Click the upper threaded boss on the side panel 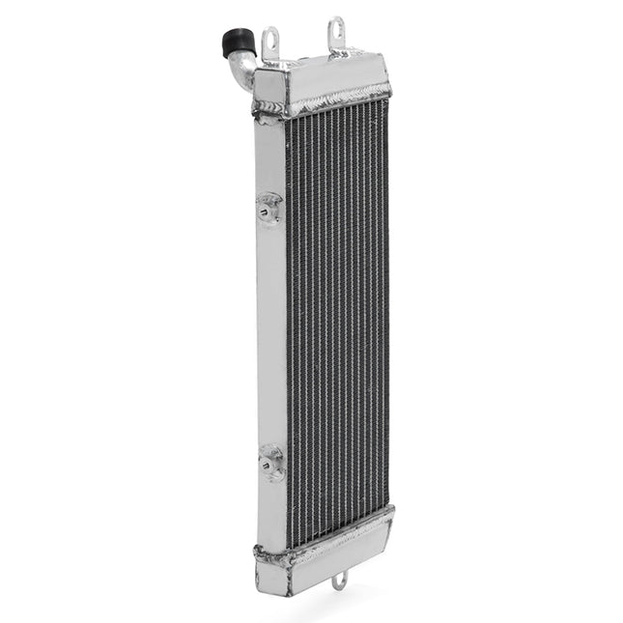[x=269, y=207]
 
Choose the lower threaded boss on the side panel [x=271, y=463]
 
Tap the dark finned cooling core [x=338, y=309]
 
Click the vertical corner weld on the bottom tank [x=289, y=574]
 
